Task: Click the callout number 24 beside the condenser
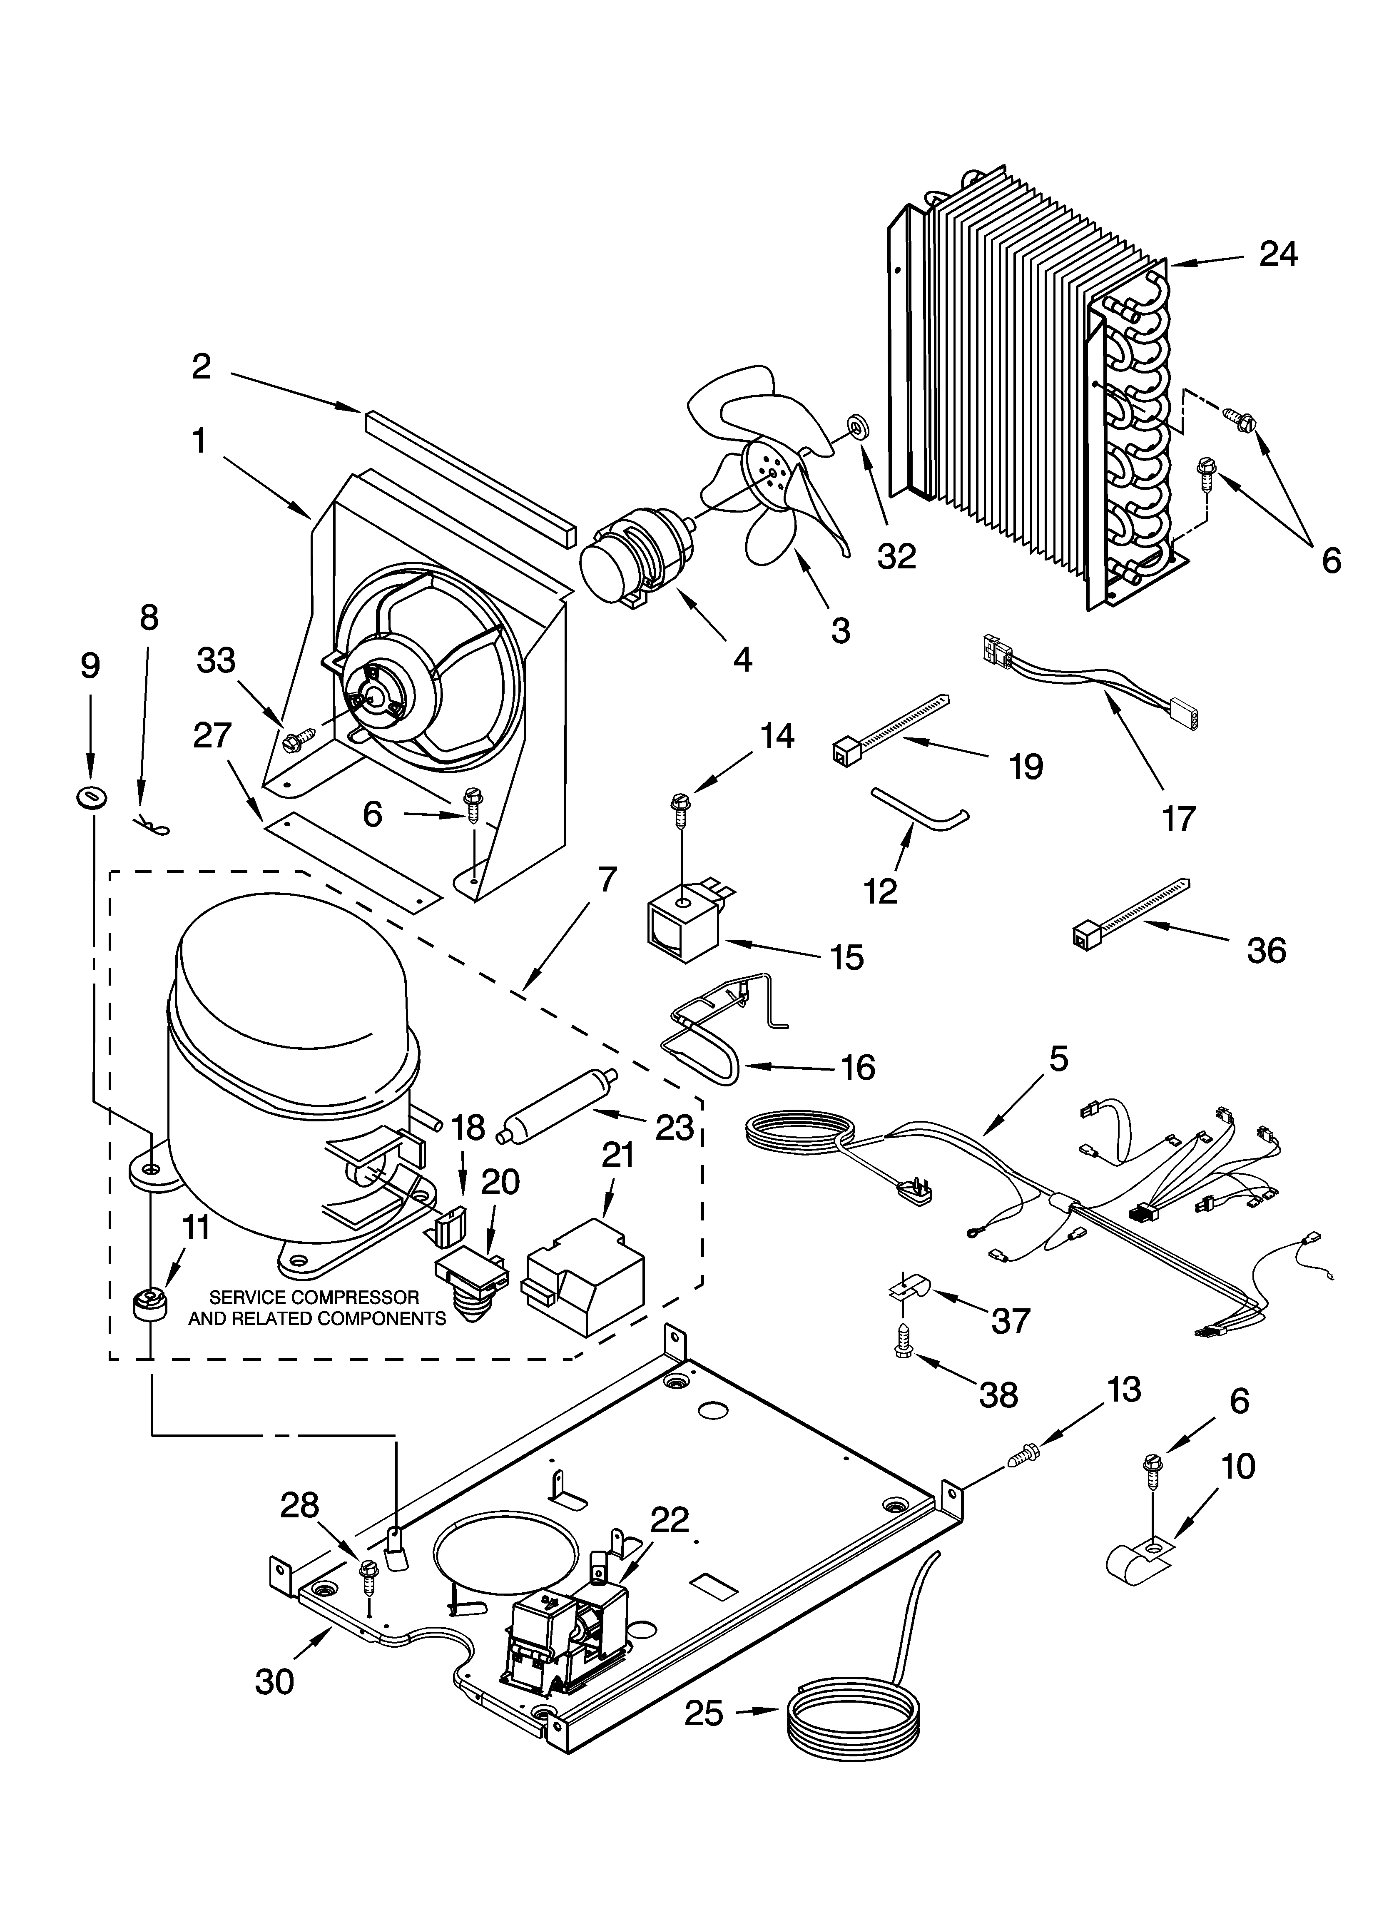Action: pyautogui.click(x=1279, y=254)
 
